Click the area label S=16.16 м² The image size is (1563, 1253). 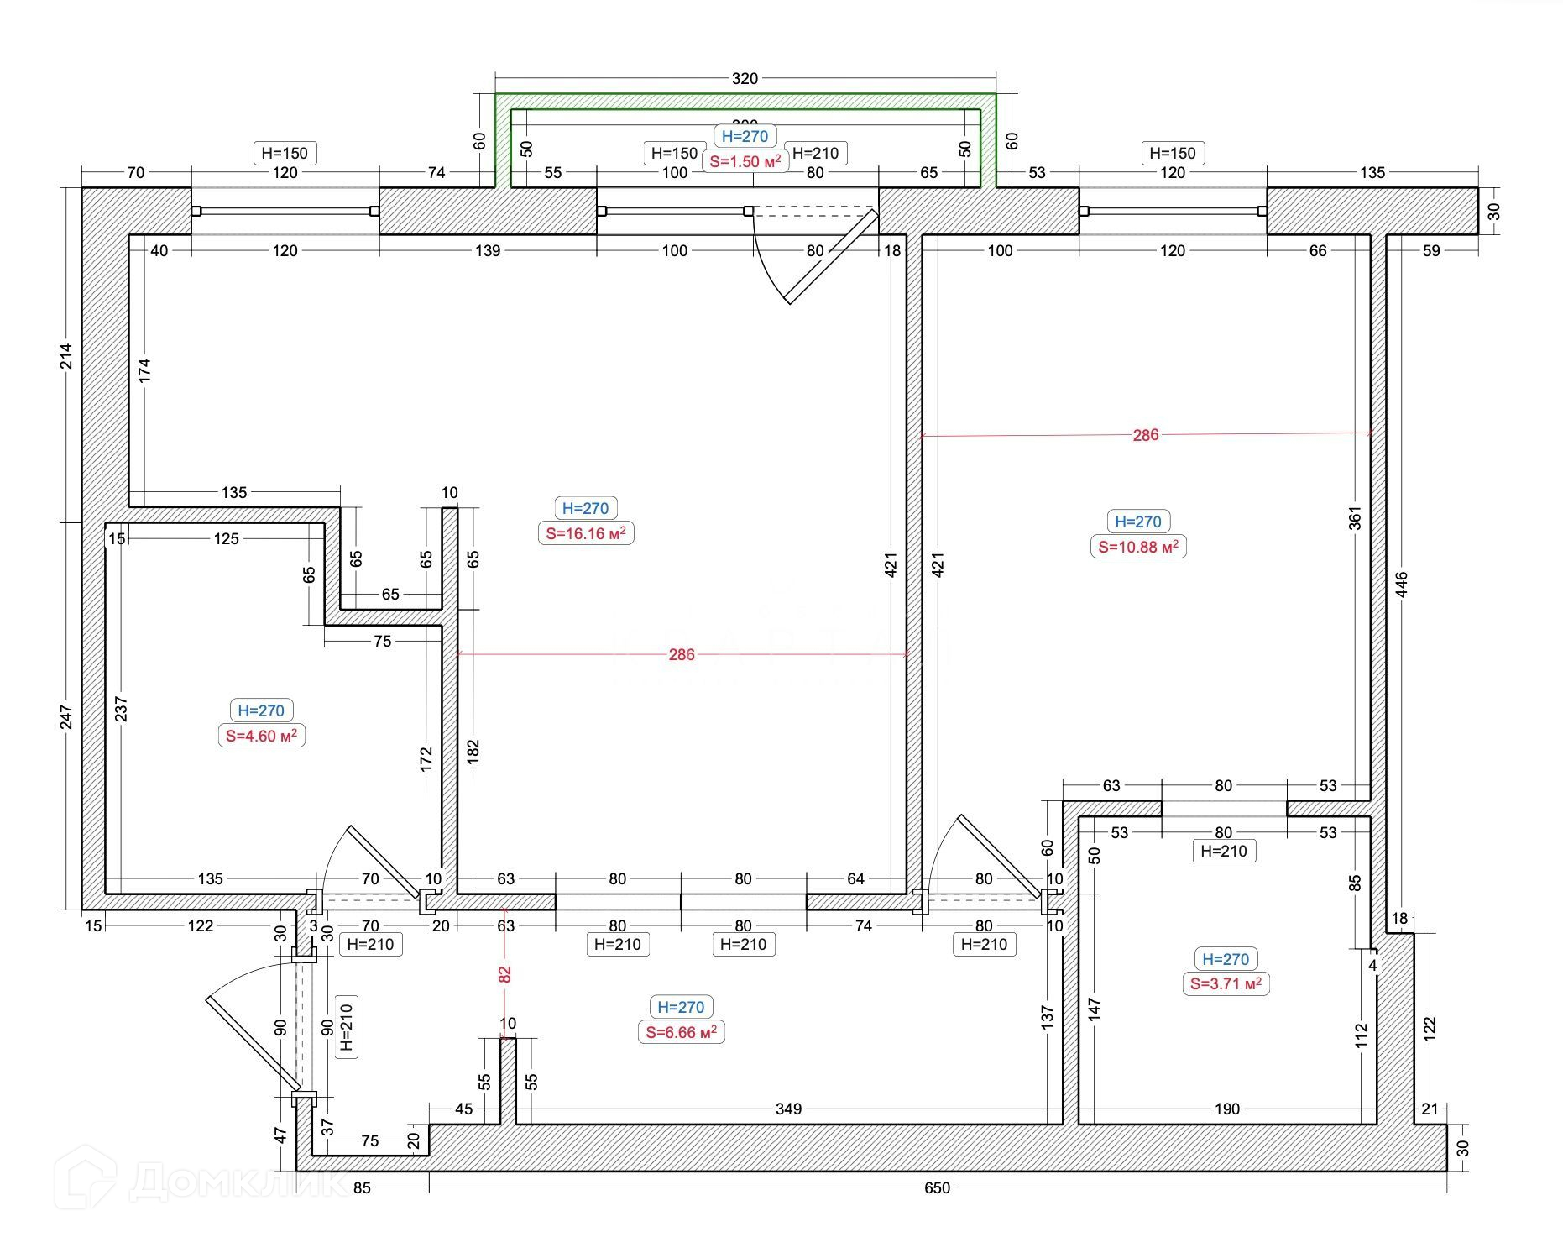click(x=586, y=533)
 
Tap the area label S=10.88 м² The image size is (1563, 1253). click(x=1138, y=547)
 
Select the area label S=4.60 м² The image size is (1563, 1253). click(x=261, y=736)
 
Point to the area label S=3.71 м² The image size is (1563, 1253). click(x=1226, y=983)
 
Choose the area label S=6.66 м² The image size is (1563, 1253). click(x=681, y=1031)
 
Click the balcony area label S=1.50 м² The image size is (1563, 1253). click(x=745, y=161)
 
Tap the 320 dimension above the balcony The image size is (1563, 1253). click(x=745, y=79)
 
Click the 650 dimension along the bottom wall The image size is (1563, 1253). click(x=937, y=1187)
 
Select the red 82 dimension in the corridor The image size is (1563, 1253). click(x=504, y=974)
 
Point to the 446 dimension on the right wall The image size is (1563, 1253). click(x=1400, y=585)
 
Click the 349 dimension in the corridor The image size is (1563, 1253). click(x=788, y=1109)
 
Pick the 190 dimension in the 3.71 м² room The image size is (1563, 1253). click(x=1226, y=1109)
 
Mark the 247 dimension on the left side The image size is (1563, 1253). click(x=67, y=716)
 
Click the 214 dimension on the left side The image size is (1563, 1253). click(x=67, y=356)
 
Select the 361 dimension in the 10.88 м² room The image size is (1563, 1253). click(x=1354, y=517)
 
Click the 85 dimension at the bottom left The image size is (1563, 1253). click(x=362, y=1187)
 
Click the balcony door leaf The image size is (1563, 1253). click(x=831, y=256)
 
